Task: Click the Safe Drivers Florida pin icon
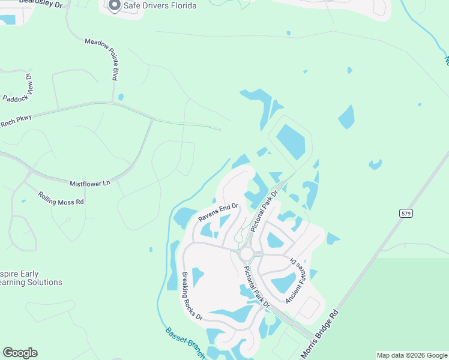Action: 115,6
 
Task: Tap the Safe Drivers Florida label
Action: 160,6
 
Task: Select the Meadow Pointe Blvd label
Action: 103,59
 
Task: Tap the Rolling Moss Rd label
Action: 61,199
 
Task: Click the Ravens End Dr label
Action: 218,214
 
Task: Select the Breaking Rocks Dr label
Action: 193,296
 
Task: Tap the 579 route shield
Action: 405,213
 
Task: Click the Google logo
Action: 20,353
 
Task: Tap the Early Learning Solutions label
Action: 31,278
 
